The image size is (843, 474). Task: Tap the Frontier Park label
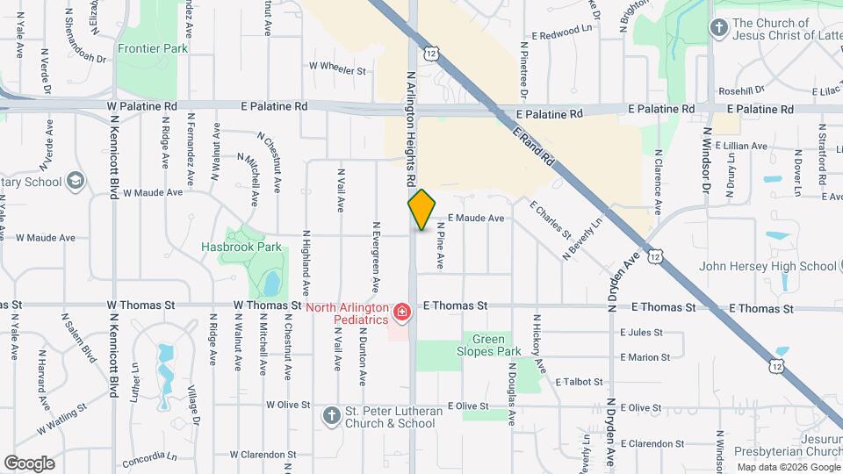[x=153, y=49]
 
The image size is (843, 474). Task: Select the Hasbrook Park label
[x=241, y=247]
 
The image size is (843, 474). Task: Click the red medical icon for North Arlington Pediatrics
[x=402, y=312]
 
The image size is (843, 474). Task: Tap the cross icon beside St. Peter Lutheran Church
[x=331, y=413]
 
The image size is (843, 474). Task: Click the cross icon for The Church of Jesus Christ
[x=718, y=27]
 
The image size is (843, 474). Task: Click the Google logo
[x=29, y=463]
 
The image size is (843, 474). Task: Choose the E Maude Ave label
[x=475, y=218]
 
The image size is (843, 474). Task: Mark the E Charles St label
[x=551, y=219]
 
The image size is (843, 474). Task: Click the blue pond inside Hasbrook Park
[x=271, y=283]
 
